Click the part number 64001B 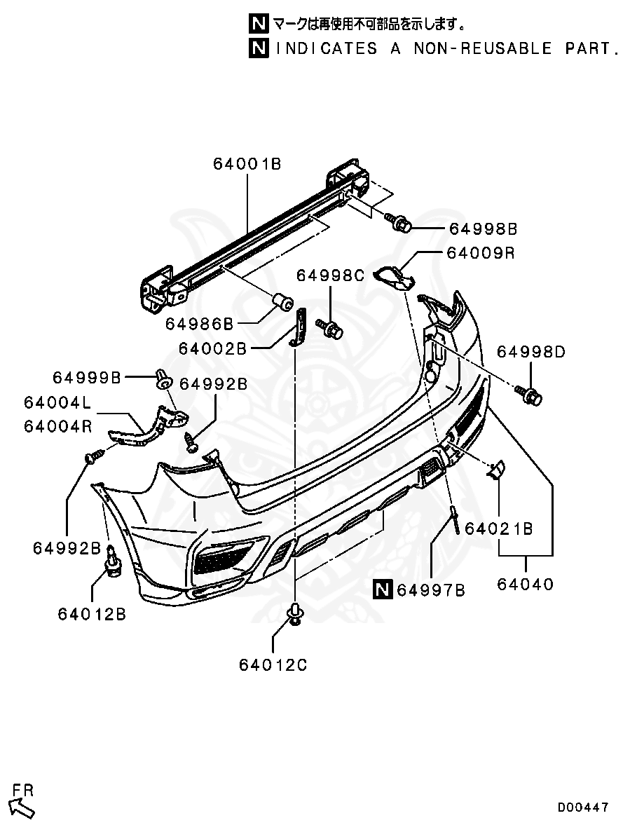click(x=247, y=165)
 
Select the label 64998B click(x=483, y=229)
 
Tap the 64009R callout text click(x=480, y=253)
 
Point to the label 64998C click(x=330, y=275)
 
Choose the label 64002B click(x=212, y=348)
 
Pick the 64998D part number click(x=530, y=352)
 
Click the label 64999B click(x=87, y=378)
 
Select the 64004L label click(x=57, y=403)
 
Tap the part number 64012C click(x=273, y=664)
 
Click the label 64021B click(x=499, y=528)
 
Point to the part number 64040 click(x=526, y=583)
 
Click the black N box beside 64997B click(x=383, y=590)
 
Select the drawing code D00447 click(x=583, y=807)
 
